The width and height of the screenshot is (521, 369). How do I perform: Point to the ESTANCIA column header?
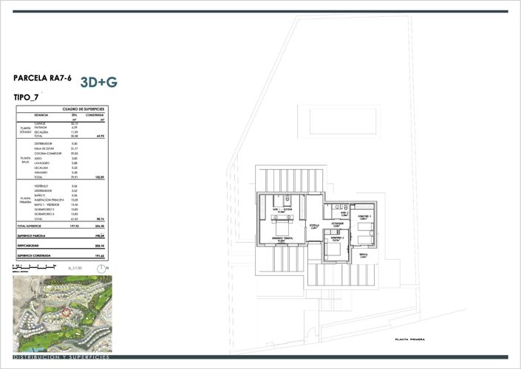coord(41,115)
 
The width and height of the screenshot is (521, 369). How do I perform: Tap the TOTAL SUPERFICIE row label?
coord(32,226)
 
